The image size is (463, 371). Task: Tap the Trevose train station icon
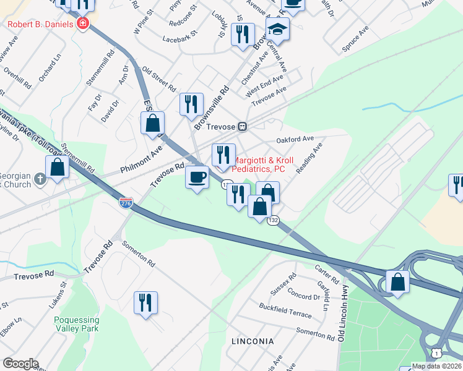243,126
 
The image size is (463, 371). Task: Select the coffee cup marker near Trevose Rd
197,177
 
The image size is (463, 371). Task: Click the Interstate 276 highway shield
126,202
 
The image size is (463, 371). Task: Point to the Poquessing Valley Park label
77,325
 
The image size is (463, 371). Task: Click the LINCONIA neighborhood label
252,341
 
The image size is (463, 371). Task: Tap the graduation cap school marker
277,28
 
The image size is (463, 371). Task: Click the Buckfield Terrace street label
285,310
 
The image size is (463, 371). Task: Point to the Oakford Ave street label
295,139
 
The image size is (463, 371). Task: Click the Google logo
20,364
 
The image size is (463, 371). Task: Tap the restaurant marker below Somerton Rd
145,303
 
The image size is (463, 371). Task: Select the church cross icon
40,179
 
